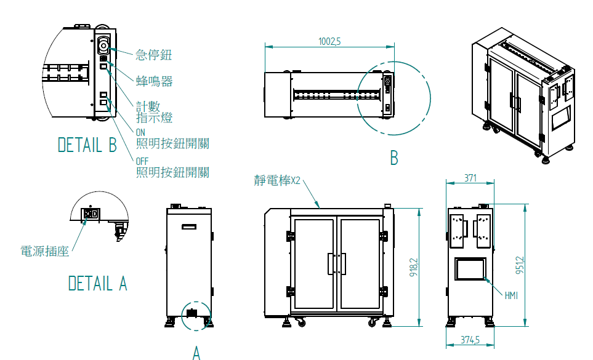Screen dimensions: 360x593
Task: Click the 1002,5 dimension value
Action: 329,41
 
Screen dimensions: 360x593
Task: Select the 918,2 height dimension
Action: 413,266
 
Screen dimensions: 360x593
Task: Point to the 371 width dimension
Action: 470,178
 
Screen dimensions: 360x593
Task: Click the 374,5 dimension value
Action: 470,340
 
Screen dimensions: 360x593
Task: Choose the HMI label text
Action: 511,296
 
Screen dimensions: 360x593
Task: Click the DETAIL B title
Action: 87,145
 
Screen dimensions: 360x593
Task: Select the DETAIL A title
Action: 97,284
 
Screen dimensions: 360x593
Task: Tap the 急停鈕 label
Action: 153,55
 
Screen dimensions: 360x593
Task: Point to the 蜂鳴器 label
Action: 154,81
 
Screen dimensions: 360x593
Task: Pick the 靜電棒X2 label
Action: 277,181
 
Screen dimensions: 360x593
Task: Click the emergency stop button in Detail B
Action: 103,46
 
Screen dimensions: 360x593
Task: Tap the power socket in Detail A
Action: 92,214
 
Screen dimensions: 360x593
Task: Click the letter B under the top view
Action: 393,158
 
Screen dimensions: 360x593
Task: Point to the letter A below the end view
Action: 196,353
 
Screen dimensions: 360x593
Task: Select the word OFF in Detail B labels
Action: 142,161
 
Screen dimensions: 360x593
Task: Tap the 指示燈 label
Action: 154,118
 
